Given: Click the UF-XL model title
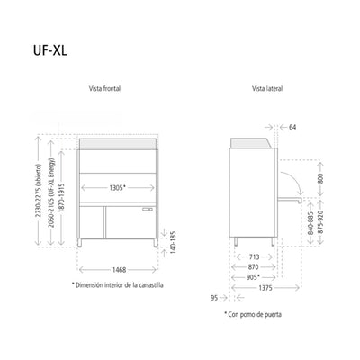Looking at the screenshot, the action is coord(50,50).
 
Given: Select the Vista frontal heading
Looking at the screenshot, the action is coord(104,88).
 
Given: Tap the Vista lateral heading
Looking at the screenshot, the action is coord(267,88).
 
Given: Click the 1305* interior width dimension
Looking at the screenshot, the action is coord(117,188).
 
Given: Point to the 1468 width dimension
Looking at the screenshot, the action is coord(119,270).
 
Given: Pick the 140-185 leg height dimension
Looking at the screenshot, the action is coord(173,242).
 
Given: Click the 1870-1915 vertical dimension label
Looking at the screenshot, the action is coord(61,198).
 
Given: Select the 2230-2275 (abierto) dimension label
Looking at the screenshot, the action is coord(38,191).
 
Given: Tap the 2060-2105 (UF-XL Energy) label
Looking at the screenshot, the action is coord(50,193).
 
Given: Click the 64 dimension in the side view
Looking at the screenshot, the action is coord(292,127).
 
